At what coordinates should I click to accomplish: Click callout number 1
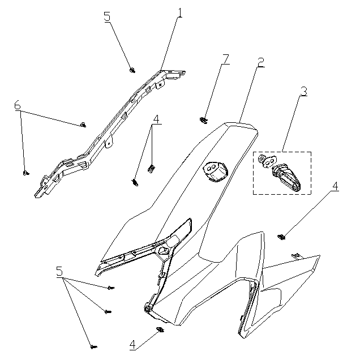(x=180, y=13)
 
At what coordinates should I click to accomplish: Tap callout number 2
(x=260, y=62)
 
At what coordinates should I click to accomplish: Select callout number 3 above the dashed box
(x=303, y=91)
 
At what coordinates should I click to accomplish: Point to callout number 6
(x=18, y=105)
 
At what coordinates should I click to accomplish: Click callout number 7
(x=226, y=59)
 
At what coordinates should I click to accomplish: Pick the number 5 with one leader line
(x=107, y=16)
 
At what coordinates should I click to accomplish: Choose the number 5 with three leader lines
(x=59, y=271)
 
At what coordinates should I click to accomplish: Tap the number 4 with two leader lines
(x=156, y=119)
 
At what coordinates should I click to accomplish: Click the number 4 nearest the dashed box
(x=335, y=186)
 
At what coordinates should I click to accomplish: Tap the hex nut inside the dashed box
(x=262, y=158)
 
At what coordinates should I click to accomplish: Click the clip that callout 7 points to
(x=203, y=120)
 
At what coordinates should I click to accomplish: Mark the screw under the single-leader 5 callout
(x=132, y=70)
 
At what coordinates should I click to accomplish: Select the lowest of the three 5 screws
(x=93, y=346)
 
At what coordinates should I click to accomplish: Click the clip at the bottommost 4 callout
(x=161, y=330)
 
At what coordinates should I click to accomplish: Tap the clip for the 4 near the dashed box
(x=281, y=237)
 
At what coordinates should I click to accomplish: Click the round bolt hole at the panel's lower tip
(x=147, y=309)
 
